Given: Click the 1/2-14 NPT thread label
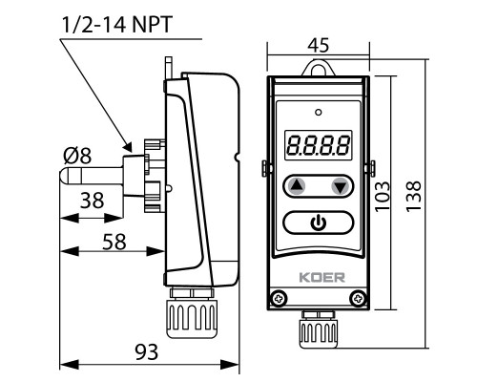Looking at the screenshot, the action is [117, 25].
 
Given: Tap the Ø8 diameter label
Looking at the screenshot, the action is [77, 156].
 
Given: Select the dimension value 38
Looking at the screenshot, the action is [92, 201].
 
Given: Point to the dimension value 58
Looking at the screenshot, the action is [114, 242].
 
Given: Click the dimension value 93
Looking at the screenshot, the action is [147, 352].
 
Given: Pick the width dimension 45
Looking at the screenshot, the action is [319, 46].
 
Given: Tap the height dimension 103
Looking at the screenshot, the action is [383, 196].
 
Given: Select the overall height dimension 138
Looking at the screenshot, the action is [414, 196].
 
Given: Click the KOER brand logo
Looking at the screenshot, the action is [321, 277].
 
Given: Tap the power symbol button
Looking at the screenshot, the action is [318, 223].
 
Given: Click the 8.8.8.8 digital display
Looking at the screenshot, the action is [318, 145].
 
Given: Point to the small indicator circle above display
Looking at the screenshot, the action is [318, 112].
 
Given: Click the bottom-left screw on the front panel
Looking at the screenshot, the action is [280, 299].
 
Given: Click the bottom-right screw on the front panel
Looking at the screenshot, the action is [358, 299].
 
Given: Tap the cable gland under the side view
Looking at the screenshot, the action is [192, 312].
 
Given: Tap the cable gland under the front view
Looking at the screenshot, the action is [318, 329].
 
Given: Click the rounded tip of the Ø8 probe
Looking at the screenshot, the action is [63, 176].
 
